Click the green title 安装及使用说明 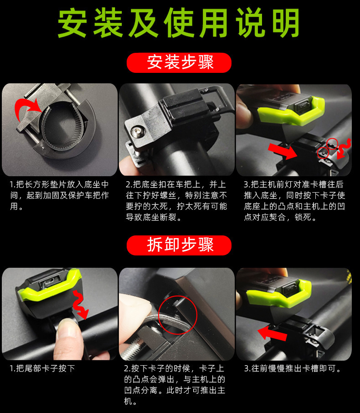179,23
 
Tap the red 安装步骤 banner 179,62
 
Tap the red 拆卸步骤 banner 179,245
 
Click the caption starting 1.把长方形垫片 59,195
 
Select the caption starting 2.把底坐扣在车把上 176,201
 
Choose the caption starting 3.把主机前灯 293,201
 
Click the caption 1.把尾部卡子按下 42,368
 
